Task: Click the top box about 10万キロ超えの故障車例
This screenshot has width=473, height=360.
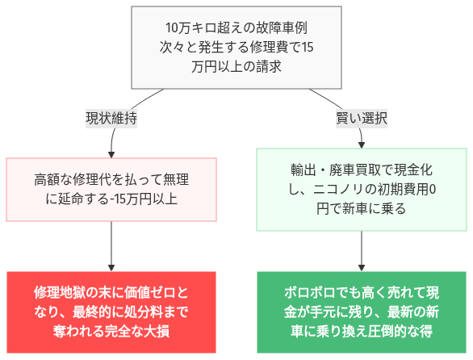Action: [x=236, y=48]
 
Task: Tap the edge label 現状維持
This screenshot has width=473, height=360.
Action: [x=111, y=118]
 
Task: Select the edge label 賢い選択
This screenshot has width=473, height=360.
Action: [x=361, y=118]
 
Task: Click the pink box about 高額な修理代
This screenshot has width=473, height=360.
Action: [x=111, y=189]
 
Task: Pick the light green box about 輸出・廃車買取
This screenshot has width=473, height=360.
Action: [x=361, y=189]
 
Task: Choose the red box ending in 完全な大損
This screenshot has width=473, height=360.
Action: [x=111, y=311]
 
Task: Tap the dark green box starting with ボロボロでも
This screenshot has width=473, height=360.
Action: [x=361, y=311]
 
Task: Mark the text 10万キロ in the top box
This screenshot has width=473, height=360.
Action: [x=186, y=28]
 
